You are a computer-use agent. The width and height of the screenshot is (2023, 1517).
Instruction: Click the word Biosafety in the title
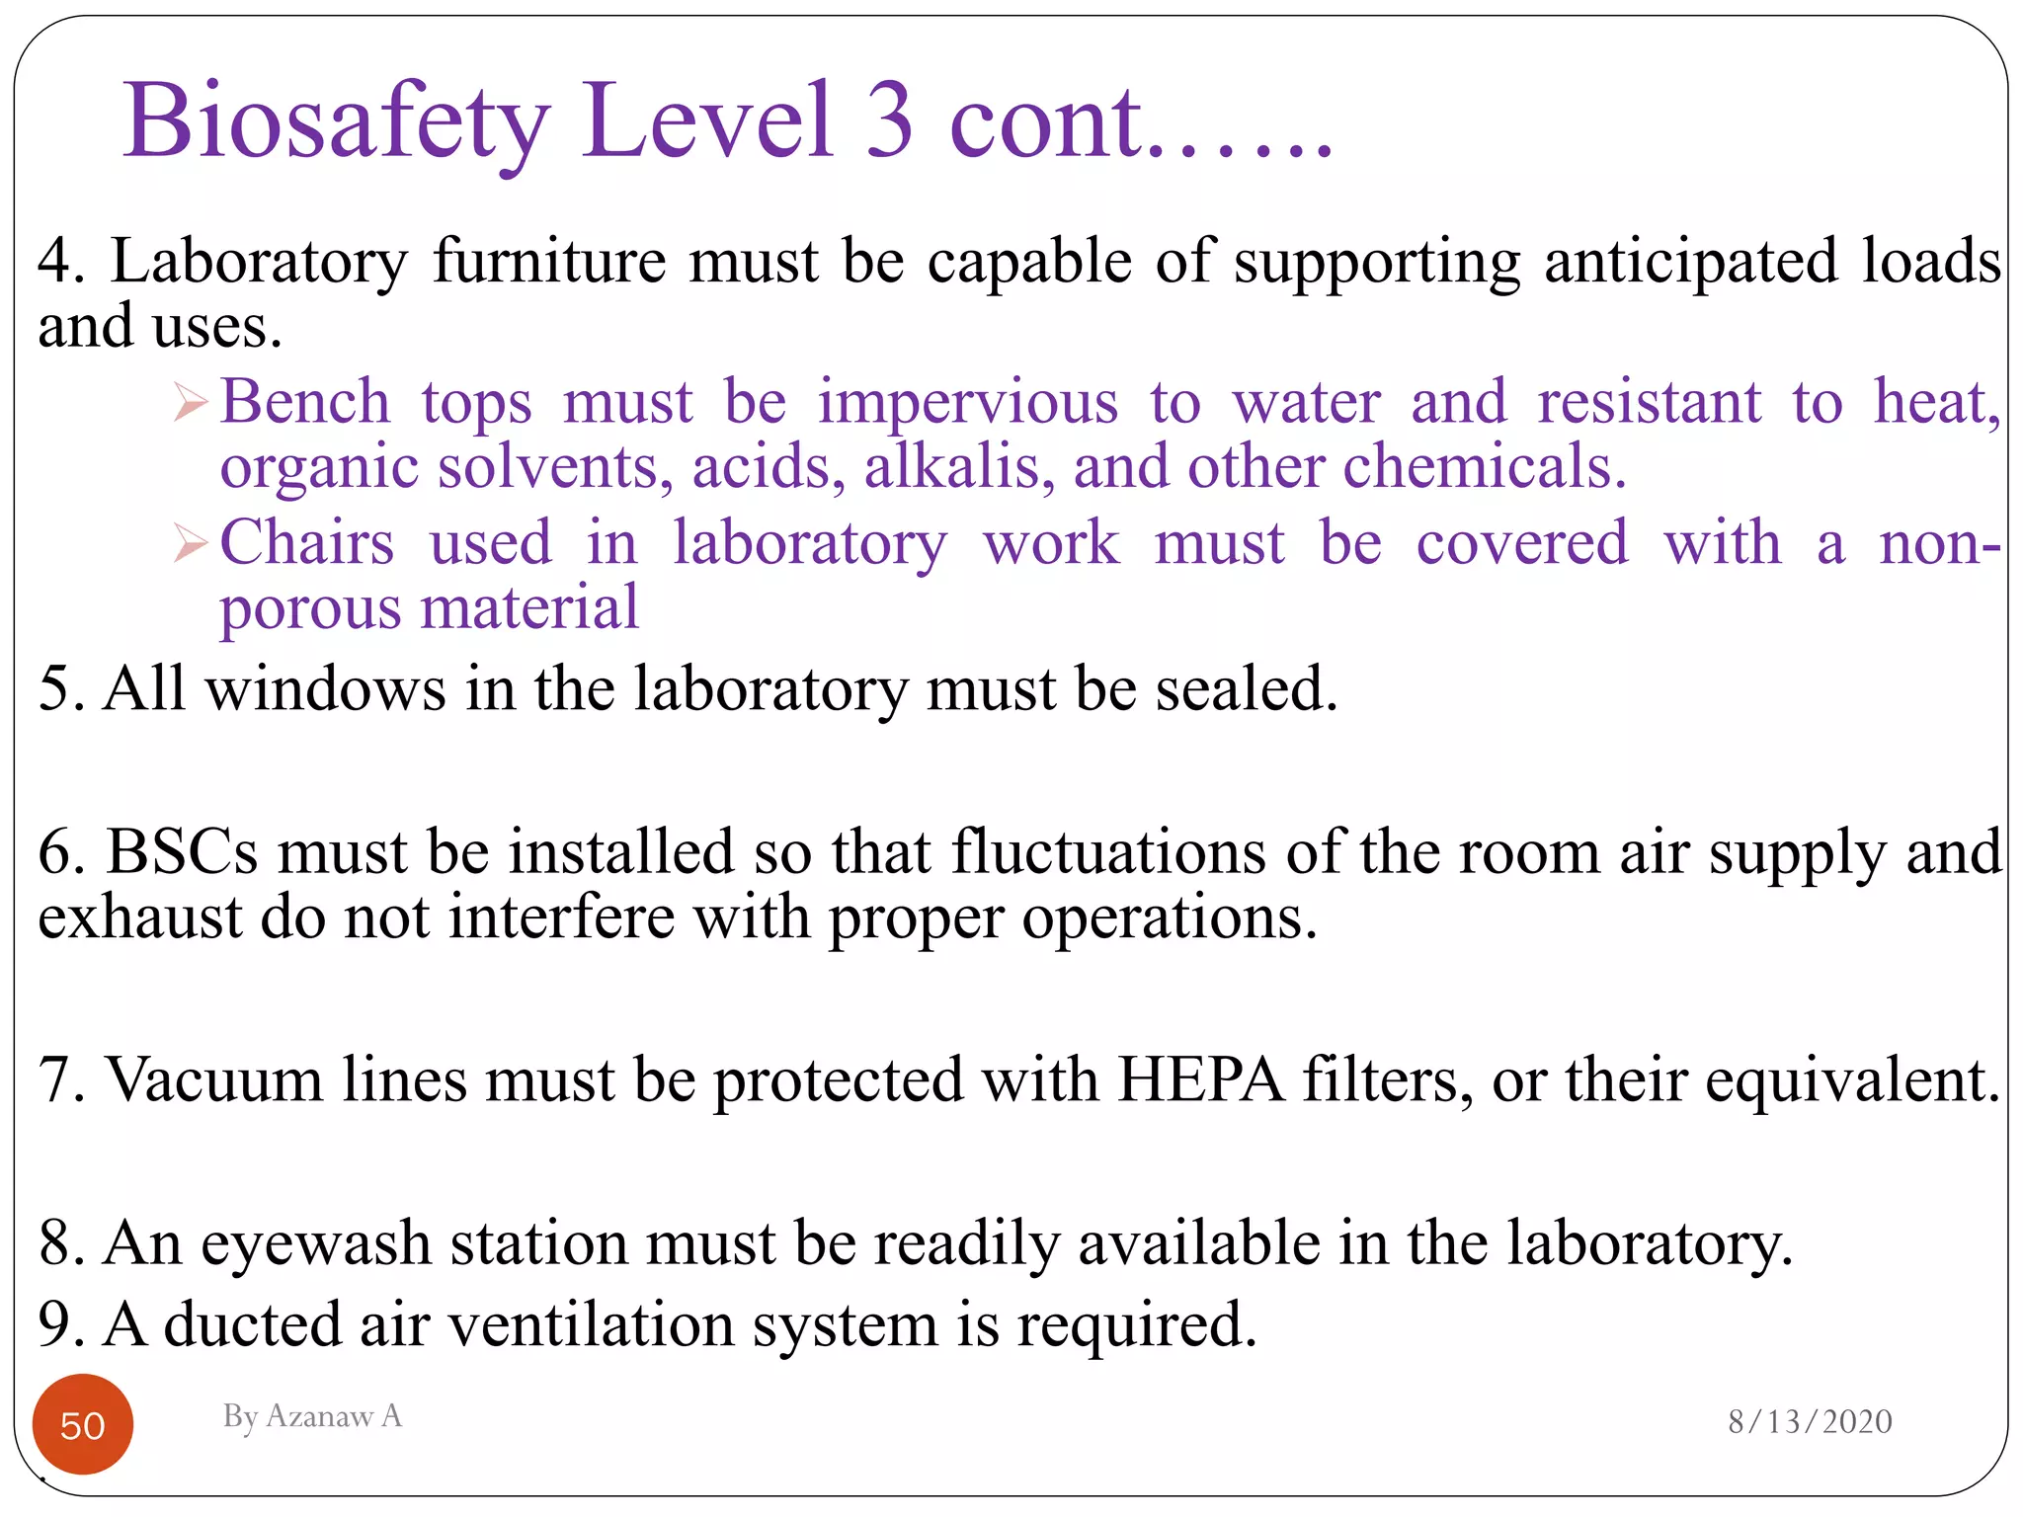pyautogui.click(x=336, y=122)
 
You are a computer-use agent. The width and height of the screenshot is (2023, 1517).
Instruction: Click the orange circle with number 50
pyautogui.click(x=83, y=1424)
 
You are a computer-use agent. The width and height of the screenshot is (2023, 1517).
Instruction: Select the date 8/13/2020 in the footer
pyautogui.click(x=1810, y=1421)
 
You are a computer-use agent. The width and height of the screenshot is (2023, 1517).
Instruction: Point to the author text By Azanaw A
pyautogui.click(x=312, y=1415)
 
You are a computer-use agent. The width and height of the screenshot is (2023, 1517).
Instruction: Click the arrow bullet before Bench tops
pyautogui.click(x=191, y=403)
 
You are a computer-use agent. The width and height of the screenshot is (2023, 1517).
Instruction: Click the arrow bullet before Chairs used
pyautogui.click(x=191, y=544)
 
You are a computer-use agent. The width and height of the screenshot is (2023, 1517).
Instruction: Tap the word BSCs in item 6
pyautogui.click(x=182, y=851)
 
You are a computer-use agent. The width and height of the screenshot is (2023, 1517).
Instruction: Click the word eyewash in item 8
pyautogui.click(x=316, y=1242)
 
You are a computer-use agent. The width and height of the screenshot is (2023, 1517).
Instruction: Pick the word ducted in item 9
pyautogui.click(x=252, y=1324)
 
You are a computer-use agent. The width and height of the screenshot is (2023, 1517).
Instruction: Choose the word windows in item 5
pyautogui.click(x=325, y=688)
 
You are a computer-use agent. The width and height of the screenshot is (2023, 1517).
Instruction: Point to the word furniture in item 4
pyautogui.click(x=549, y=262)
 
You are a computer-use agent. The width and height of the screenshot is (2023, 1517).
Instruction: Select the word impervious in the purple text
pyautogui.click(x=968, y=403)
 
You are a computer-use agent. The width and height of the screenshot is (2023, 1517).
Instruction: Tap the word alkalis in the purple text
pyautogui.click(x=953, y=466)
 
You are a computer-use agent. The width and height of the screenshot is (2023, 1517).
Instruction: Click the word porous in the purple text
pyautogui.click(x=308, y=608)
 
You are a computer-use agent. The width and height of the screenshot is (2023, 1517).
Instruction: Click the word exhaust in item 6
pyautogui.click(x=139, y=918)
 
